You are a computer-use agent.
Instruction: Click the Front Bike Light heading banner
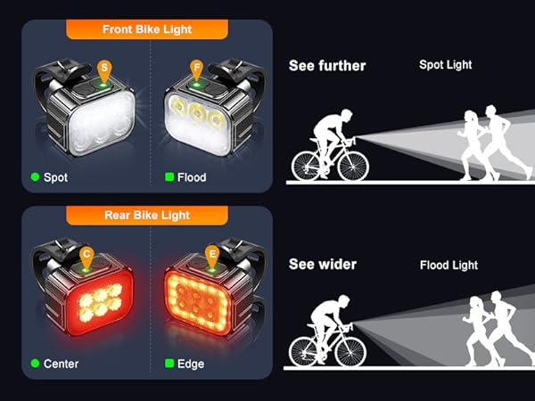pos(148,29)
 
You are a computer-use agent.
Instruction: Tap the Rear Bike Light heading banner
pos(148,215)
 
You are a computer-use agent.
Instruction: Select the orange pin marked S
pos(105,68)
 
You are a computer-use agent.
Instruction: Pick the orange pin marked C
pos(86,255)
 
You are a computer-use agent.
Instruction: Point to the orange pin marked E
pos(212,255)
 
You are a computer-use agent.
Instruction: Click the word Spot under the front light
pos(55,177)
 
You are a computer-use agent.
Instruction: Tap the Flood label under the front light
pos(192,177)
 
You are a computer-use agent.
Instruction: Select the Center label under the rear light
pos(61,364)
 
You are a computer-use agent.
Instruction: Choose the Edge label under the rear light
pos(191,364)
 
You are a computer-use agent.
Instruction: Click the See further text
pos(327,65)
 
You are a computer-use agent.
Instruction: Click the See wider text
pos(323,265)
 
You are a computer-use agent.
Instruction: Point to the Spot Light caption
pos(446,65)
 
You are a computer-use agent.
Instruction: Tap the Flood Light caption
pos(449,266)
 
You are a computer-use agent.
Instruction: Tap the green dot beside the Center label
pos(35,364)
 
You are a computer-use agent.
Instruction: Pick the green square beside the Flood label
pos(169,177)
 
